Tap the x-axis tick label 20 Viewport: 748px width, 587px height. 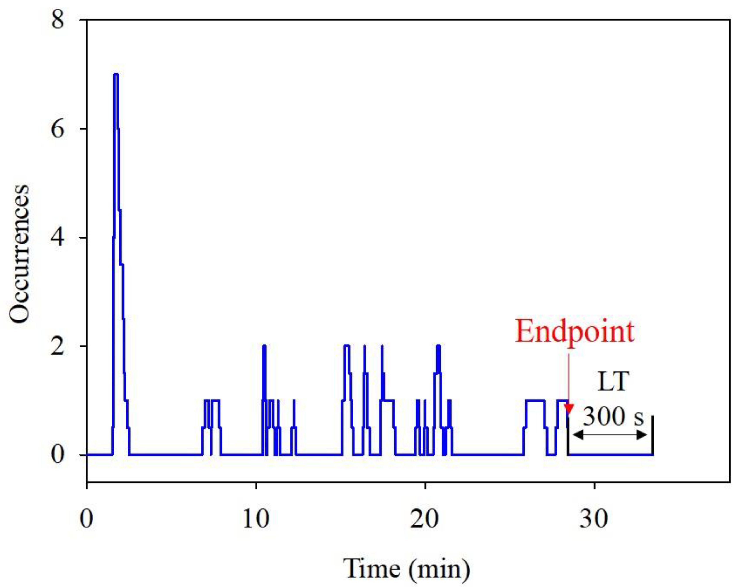[x=425, y=519]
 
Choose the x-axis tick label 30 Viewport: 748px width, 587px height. [x=594, y=519]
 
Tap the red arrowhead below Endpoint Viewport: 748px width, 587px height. [x=569, y=409]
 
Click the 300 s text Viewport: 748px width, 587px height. [x=613, y=417]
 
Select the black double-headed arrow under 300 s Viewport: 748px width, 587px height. [x=610, y=435]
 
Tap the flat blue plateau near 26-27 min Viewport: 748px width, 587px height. [x=535, y=400]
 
